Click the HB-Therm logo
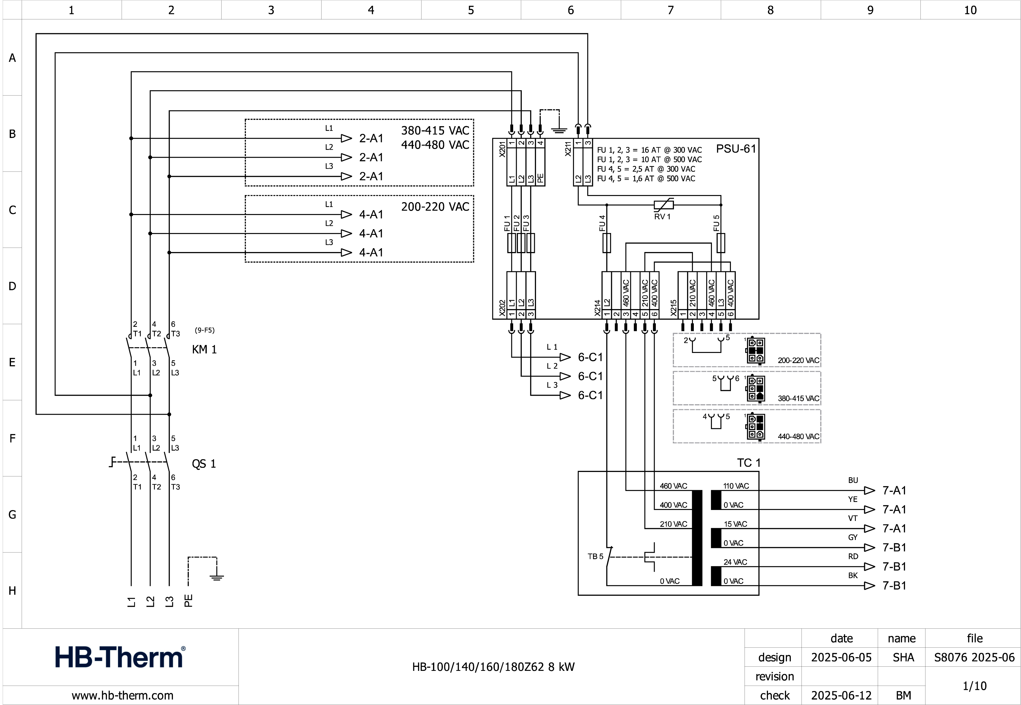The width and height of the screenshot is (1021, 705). [x=120, y=657]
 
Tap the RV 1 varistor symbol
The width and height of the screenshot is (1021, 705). [x=664, y=205]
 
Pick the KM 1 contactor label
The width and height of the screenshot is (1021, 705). [x=204, y=349]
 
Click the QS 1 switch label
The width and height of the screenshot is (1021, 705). [x=203, y=464]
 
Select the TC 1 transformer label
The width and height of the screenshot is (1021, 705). [x=749, y=463]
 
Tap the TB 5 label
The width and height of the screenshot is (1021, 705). [x=595, y=557]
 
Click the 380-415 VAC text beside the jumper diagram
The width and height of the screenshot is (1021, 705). [x=798, y=398]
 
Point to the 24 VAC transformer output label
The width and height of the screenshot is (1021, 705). [x=735, y=562]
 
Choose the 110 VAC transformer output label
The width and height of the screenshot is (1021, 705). [x=736, y=486]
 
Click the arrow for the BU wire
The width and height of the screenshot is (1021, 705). [x=869, y=490]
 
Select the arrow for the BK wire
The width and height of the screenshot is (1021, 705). [x=869, y=586]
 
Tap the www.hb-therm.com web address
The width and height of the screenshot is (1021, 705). [x=122, y=695]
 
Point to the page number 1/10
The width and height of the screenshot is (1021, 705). [x=974, y=686]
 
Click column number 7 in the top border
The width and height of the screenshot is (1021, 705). [x=670, y=10]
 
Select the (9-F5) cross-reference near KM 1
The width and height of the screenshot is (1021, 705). [x=204, y=330]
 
